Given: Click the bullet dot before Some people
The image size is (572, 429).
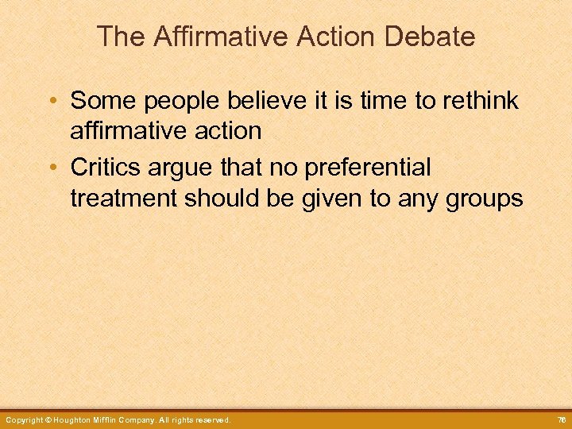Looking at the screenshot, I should click(52, 102).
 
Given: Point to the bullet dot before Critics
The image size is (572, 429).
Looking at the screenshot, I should click(52, 168).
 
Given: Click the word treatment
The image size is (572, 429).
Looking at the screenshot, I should click(124, 198).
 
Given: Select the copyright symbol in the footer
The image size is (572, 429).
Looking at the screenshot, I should click(48, 419).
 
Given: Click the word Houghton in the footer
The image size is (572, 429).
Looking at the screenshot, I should click(77, 419).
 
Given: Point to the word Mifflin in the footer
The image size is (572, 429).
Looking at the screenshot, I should click(117, 419).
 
